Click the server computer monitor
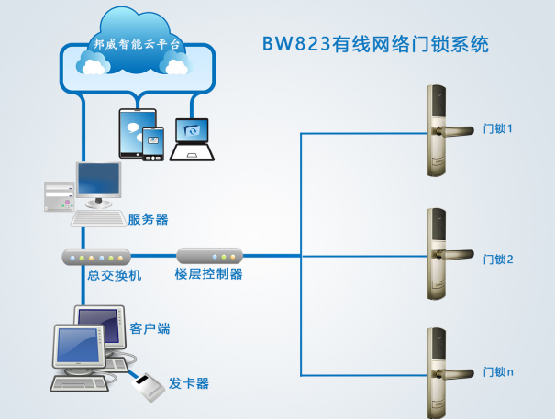(98, 181)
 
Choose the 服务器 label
(148, 219)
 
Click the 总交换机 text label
(115, 275)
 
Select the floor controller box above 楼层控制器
(208, 256)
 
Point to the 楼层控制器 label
(208, 274)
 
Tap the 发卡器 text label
(189, 382)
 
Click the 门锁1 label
(498, 129)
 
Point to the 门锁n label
(498, 372)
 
